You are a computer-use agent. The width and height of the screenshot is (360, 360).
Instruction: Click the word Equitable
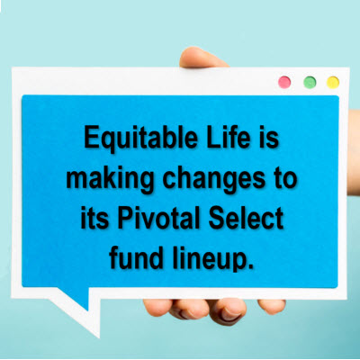pos(141,139)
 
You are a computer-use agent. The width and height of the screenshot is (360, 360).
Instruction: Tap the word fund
pos(137,256)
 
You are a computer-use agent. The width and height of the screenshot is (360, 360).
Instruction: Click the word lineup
pos(207,259)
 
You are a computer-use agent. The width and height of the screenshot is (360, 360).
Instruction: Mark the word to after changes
pos(285,180)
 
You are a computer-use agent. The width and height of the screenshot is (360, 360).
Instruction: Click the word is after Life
pos(269,137)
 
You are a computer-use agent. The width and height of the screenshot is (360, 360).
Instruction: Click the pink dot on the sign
pos(284,82)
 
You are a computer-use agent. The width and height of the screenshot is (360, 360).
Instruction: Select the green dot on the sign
pos(310,82)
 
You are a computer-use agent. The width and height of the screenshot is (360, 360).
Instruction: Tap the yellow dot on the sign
pos(333,82)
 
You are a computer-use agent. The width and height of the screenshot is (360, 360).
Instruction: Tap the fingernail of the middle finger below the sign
pos(229,315)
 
